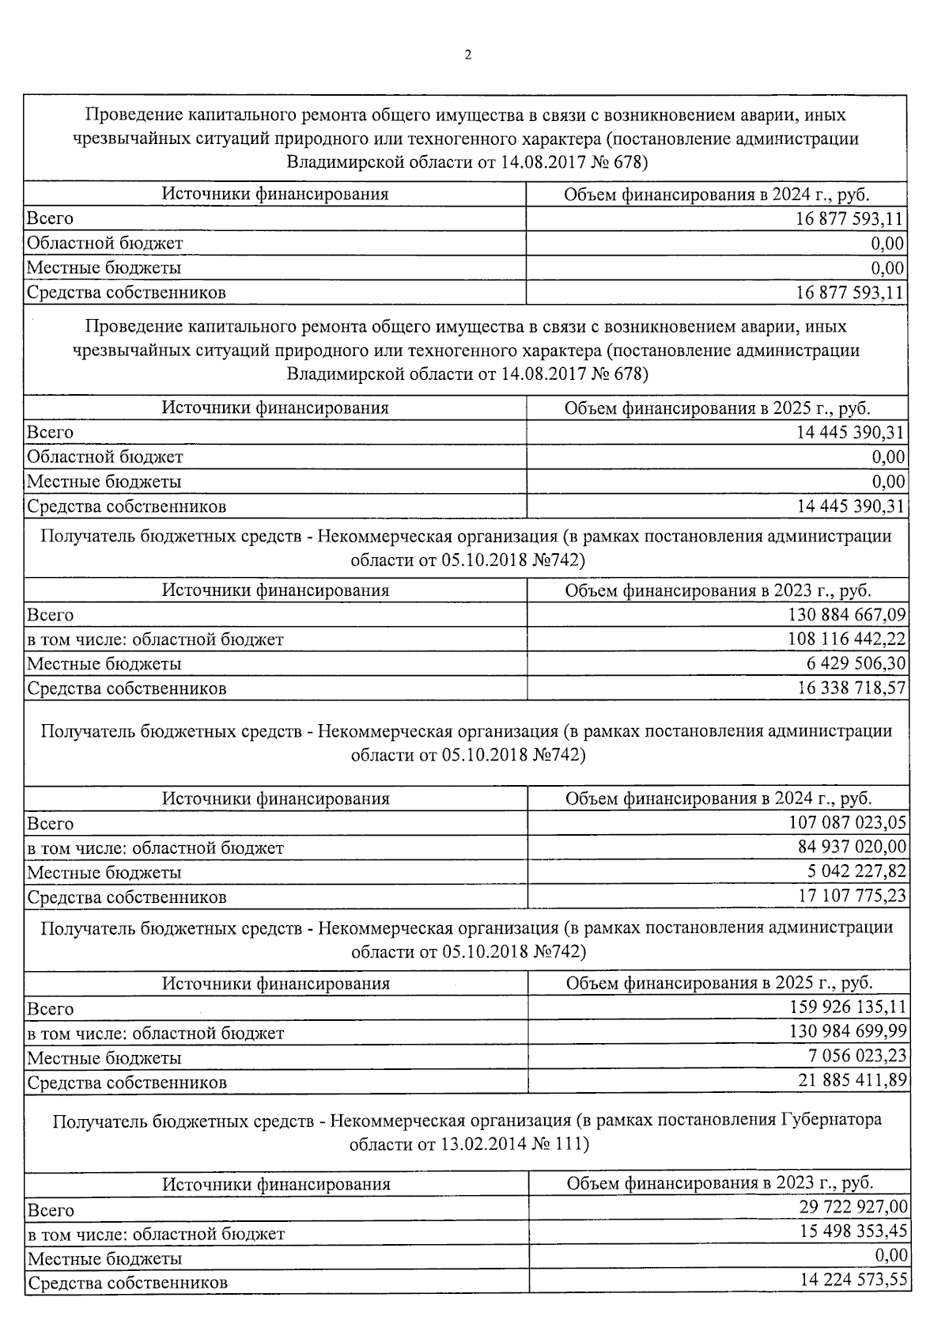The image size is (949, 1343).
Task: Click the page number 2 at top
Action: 467,55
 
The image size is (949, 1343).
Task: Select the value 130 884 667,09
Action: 847,615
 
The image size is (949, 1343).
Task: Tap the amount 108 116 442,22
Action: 847,639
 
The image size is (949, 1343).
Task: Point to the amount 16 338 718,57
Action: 852,688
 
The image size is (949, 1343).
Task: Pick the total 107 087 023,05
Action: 848,823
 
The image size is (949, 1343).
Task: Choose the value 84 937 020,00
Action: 853,848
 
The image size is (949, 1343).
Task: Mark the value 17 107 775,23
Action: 853,897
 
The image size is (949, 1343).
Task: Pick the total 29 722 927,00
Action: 854,1208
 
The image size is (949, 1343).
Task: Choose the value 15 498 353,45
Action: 854,1232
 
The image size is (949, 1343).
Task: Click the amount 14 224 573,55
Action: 854,1281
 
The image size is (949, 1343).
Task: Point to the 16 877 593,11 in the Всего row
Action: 850,218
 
